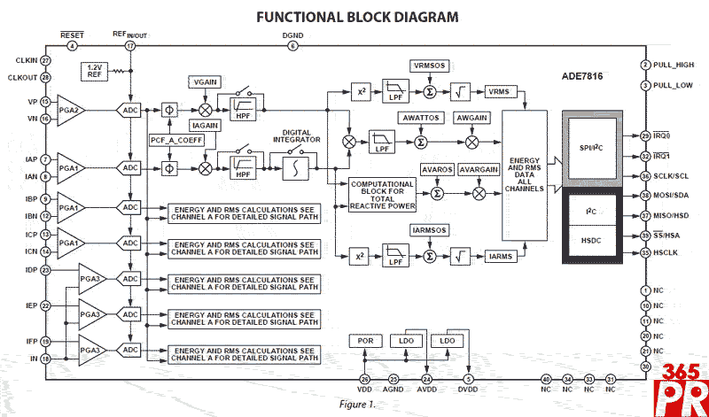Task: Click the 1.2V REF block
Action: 94,71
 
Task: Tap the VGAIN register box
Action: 203,82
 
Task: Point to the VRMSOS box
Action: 431,67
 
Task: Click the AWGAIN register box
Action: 471,118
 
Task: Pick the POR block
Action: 364,341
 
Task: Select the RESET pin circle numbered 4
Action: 73,46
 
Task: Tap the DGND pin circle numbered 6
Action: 292,46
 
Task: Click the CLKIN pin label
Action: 27,60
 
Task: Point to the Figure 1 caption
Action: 357,404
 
